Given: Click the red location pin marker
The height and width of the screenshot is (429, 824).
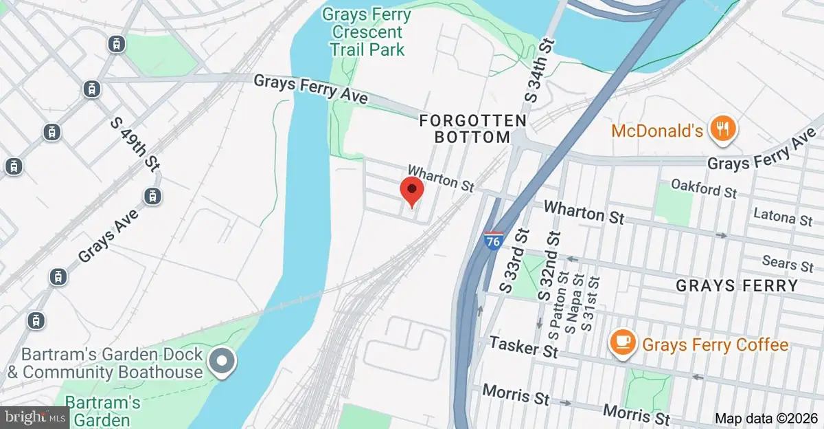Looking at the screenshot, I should [411, 190].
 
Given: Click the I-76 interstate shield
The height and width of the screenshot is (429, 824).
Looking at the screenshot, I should [492, 240].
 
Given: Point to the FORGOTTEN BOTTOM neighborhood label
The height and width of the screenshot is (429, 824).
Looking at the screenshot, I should [473, 129].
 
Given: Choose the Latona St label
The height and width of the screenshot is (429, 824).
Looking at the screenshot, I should [783, 219].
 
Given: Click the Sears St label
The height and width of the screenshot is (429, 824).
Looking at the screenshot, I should [788, 263].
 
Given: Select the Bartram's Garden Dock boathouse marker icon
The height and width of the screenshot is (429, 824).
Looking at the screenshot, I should [221, 361].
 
